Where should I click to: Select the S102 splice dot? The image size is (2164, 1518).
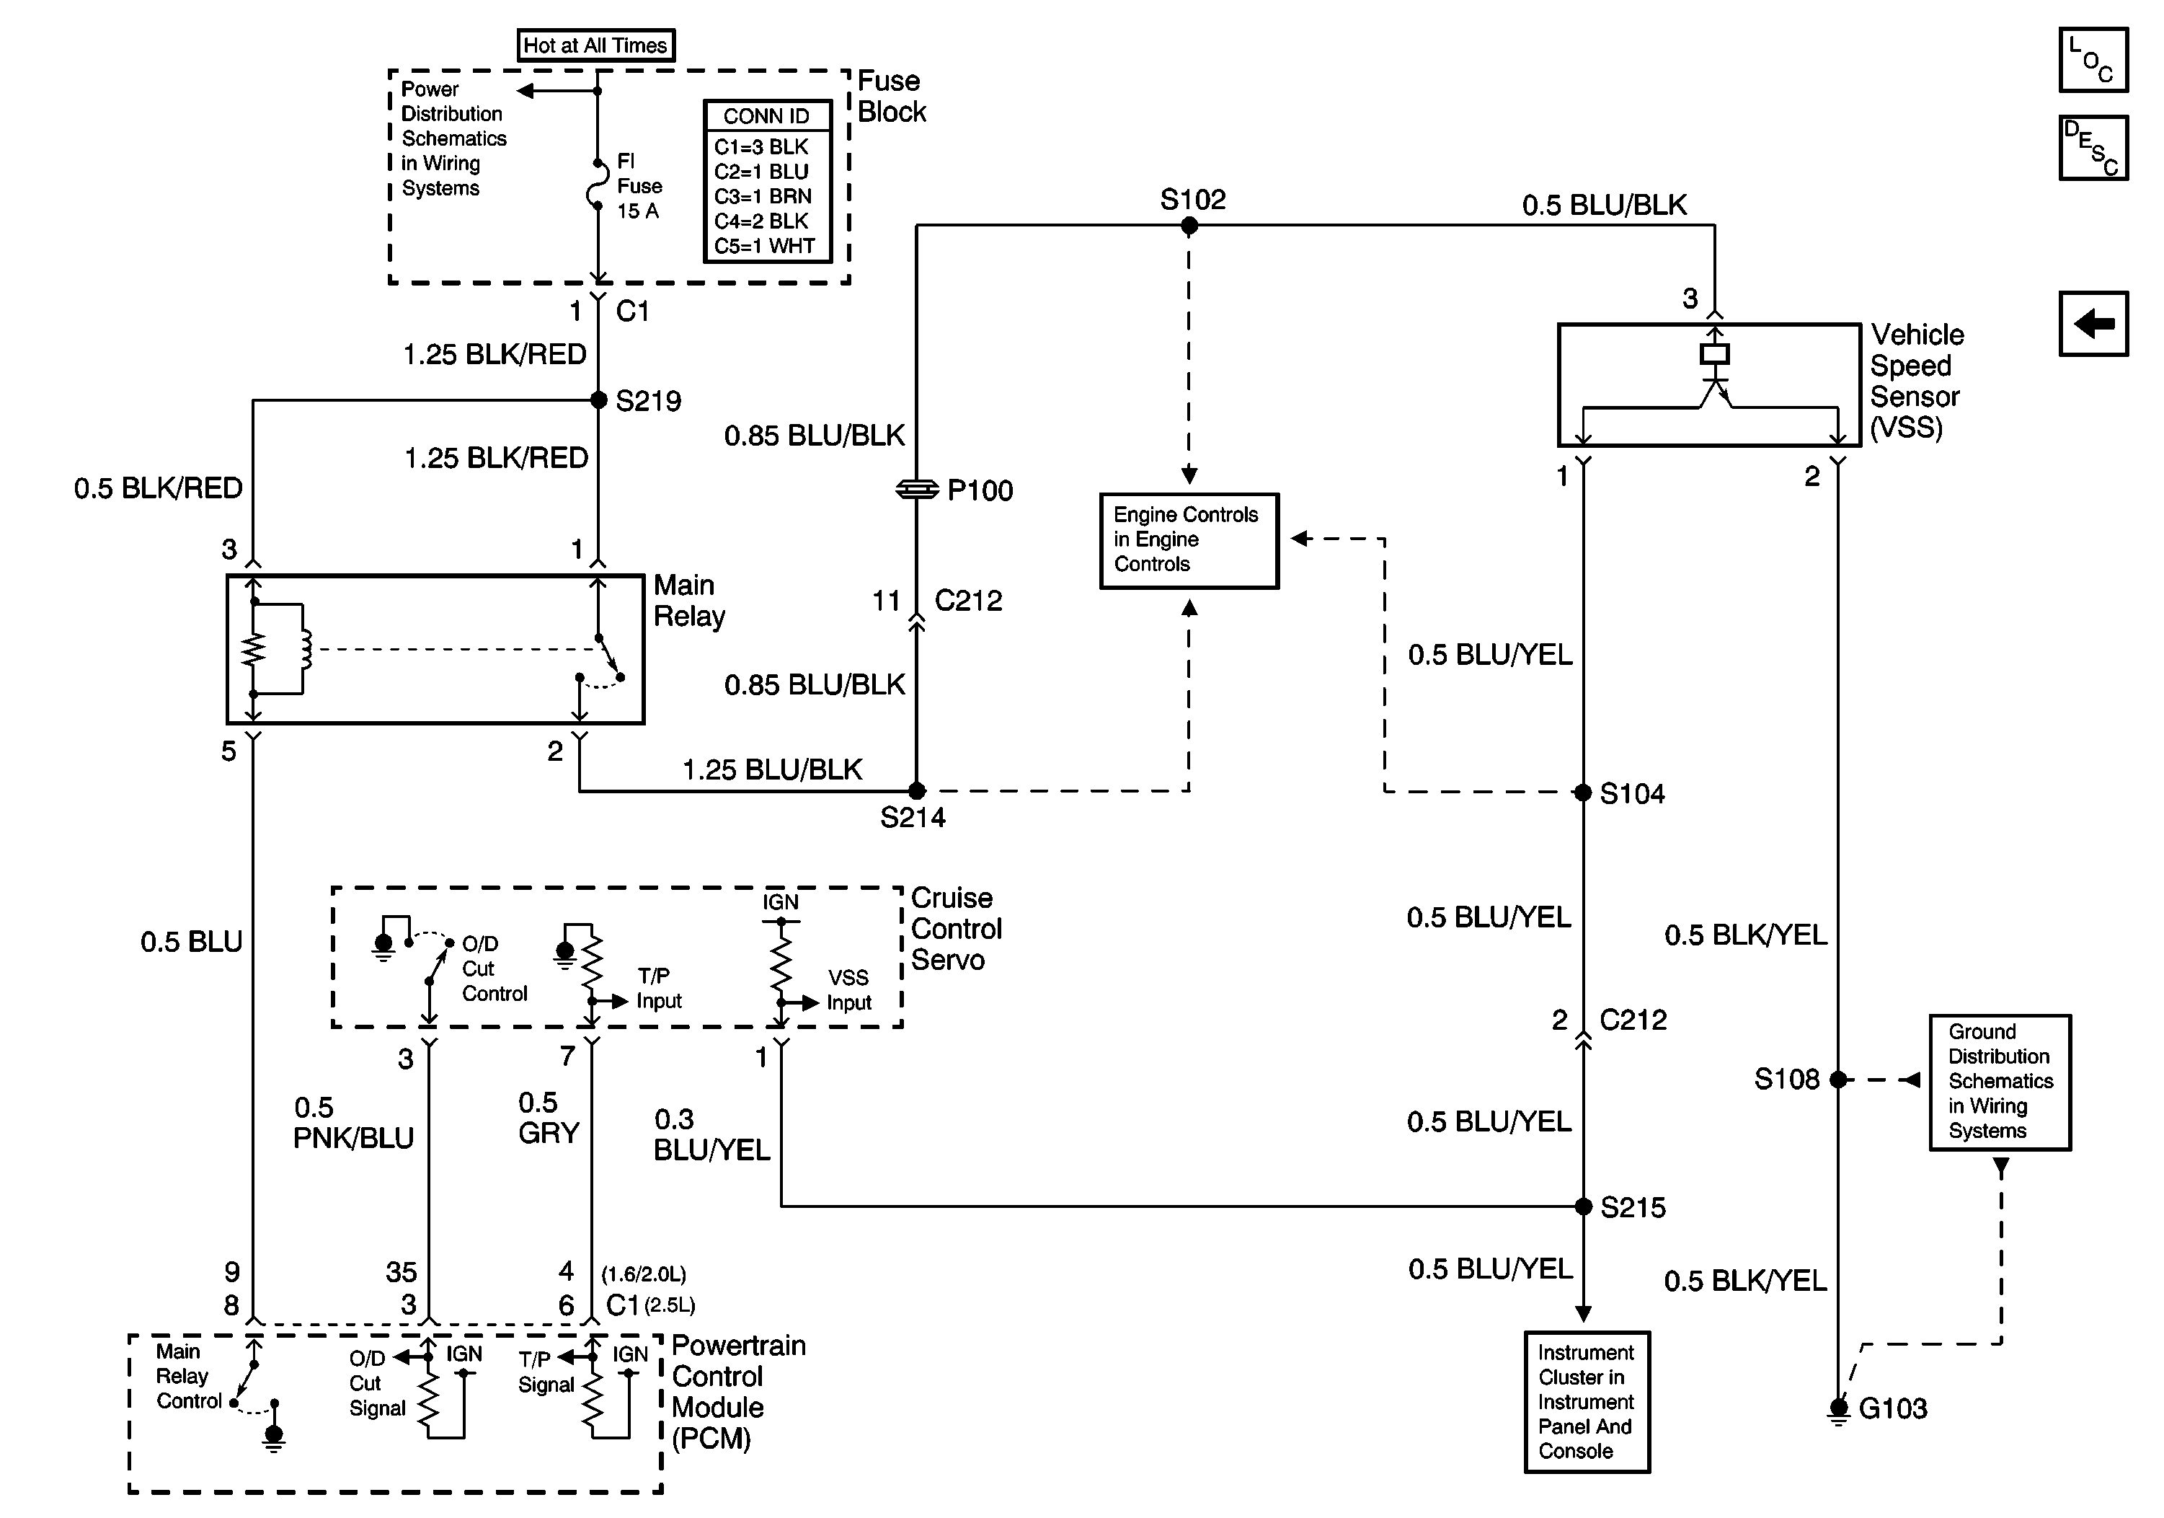pyautogui.click(x=1189, y=225)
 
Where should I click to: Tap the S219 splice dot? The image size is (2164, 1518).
pyautogui.click(x=598, y=400)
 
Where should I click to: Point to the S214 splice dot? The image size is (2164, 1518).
pyautogui.click(x=916, y=791)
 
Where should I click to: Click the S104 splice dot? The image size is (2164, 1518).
pyautogui.click(x=1584, y=792)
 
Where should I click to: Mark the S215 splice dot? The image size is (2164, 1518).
pyautogui.click(x=1584, y=1206)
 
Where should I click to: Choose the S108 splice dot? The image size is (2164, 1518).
pyautogui.click(x=1838, y=1080)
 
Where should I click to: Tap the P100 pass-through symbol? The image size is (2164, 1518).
pyautogui.click(x=916, y=490)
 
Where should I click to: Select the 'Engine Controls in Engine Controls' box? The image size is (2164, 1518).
pyautogui.click(x=1189, y=540)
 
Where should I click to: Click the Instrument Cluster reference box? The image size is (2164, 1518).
pyautogui.click(x=1587, y=1401)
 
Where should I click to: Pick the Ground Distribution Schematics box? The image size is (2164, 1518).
pyautogui.click(x=1999, y=1082)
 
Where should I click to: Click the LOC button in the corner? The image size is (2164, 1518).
pyautogui.click(x=2093, y=61)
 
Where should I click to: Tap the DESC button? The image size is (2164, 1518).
pyautogui.click(x=2093, y=148)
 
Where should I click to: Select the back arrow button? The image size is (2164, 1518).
pyautogui.click(x=2093, y=323)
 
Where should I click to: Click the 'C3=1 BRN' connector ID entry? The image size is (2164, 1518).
pyautogui.click(x=763, y=196)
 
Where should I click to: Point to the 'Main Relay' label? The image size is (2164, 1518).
pyautogui.click(x=689, y=601)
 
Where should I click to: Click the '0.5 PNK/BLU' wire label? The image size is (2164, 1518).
pyautogui.click(x=353, y=1123)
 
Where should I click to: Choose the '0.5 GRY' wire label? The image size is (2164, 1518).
pyautogui.click(x=549, y=1118)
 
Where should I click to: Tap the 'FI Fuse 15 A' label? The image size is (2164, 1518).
pyautogui.click(x=639, y=186)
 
